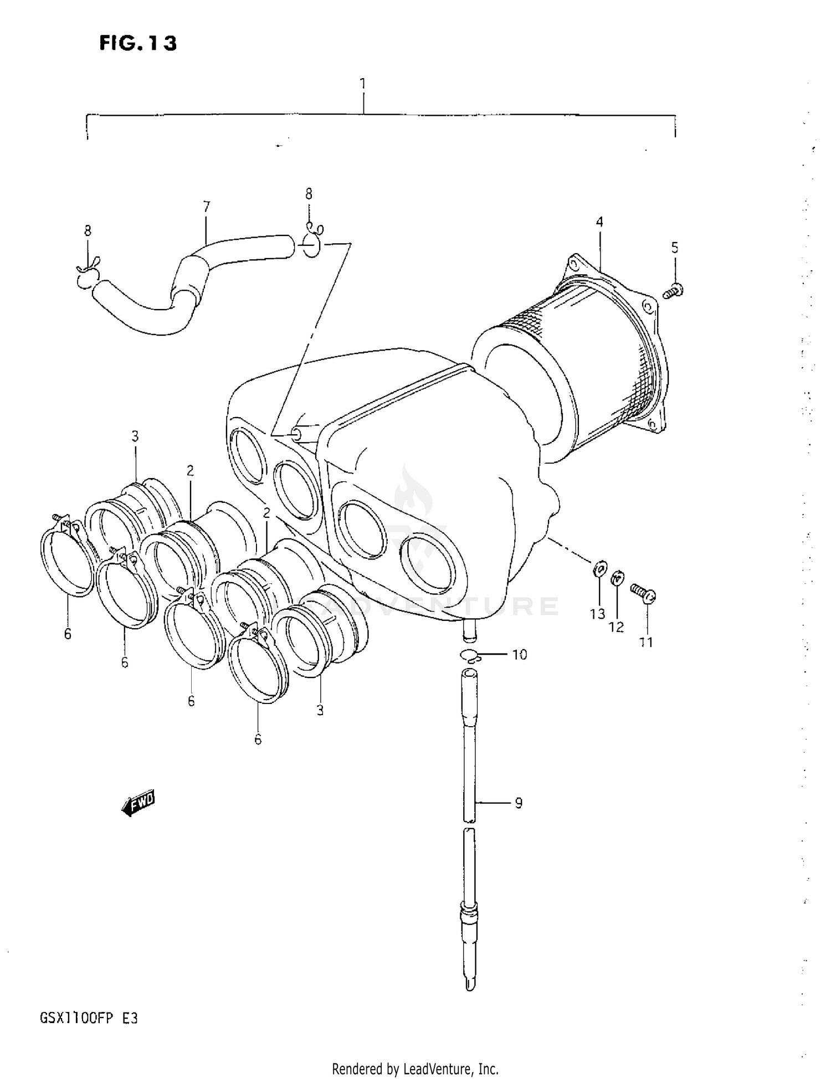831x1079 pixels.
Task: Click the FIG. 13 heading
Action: tap(138, 43)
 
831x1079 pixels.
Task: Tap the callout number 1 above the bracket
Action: tap(363, 84)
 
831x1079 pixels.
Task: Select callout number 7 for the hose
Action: tap(206, 207)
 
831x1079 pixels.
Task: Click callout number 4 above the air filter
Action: tap(599, 222)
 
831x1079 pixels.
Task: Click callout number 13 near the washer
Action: tap(597, 614)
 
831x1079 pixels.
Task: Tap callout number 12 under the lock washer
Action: tap(616, 627)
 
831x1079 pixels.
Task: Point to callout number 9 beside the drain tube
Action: tap(519, 803)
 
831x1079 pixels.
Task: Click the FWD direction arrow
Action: tap(138, 803)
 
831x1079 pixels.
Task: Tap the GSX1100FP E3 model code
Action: tap(89, 1018)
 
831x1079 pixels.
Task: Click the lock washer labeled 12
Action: tap(617, 579)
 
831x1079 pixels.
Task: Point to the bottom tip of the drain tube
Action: tap(470, 986)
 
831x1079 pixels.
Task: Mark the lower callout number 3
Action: tap(320, 710)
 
